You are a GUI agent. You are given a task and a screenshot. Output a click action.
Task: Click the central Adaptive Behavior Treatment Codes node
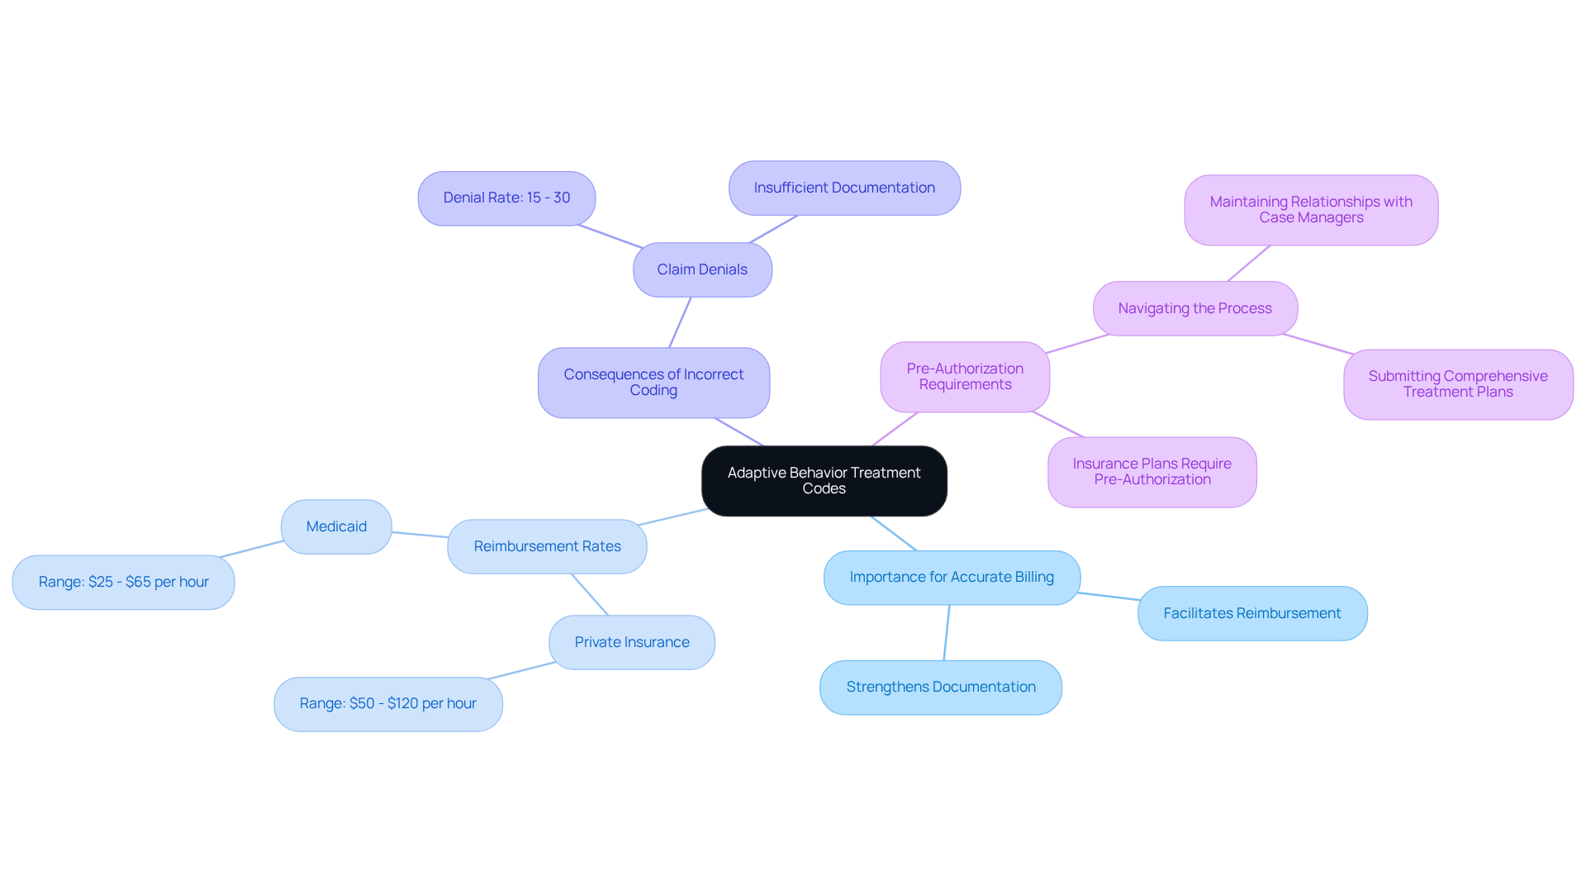coord(824,481)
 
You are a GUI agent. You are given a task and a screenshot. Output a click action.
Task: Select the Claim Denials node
coord(702,269)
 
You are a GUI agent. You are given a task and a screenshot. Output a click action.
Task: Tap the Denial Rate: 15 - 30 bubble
coord(506,198)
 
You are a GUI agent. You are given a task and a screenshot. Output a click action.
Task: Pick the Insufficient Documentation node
coord(844,188)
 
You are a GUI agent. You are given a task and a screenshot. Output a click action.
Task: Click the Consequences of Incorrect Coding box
coord(653,383)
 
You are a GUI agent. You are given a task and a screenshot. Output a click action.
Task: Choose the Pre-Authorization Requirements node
coord(965,377)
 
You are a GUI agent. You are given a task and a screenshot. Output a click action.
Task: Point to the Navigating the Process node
coord(1194,308)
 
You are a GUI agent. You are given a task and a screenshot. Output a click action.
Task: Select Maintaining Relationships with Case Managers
coord(1311,210)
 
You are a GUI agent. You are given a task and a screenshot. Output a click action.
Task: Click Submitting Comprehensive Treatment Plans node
coord(1458,384)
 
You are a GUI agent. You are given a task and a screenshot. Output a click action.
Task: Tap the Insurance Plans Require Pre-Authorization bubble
coord(1152,472)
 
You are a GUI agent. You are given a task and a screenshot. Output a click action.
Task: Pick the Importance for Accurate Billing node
coord(952,578)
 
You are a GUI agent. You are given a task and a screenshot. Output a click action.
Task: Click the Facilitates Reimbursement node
coord(1251,613)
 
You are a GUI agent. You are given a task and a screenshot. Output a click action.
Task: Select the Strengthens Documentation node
coord(941,688)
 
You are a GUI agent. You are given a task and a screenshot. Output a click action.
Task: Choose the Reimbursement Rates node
coord(547,546)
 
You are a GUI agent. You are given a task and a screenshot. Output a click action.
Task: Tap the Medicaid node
coord(336,526)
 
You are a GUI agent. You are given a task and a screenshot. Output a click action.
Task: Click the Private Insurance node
coord(632,642)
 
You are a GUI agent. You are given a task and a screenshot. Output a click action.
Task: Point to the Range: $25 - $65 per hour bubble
coord(123,583)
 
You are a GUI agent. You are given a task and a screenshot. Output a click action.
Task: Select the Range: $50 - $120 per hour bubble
coord(388,704)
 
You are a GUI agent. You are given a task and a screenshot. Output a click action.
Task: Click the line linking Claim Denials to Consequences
coord(680,322)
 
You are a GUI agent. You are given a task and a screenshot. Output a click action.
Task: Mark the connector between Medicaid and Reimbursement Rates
coord(420,535)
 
